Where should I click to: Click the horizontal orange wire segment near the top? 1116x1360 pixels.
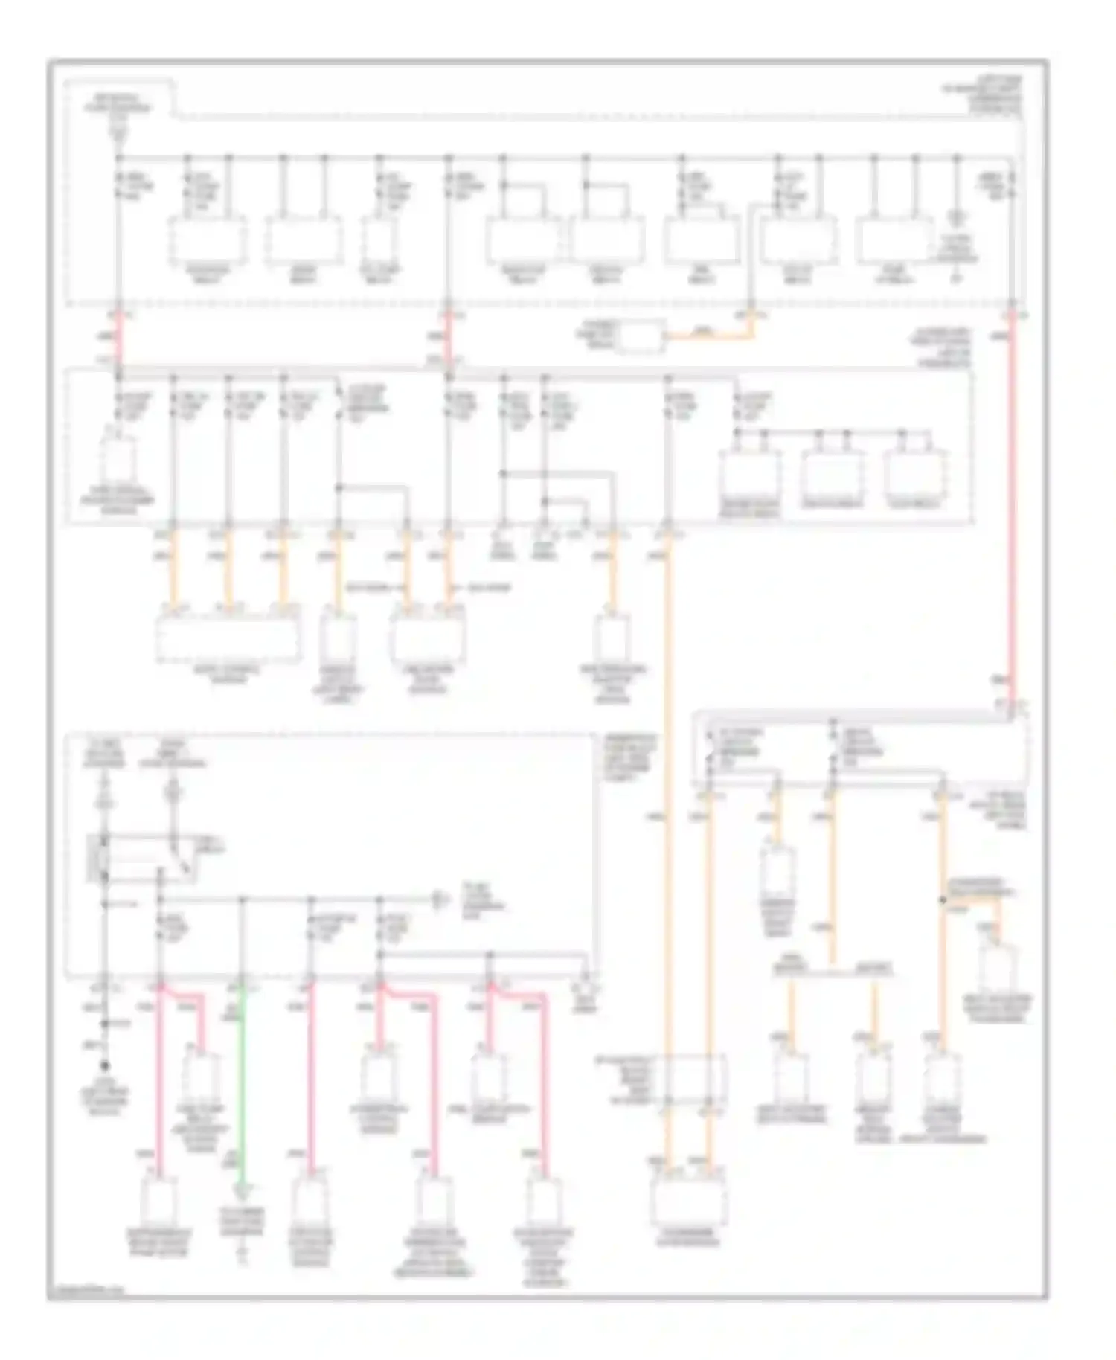coord(711,337)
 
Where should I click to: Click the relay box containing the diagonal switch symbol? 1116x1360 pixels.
coord(141,859)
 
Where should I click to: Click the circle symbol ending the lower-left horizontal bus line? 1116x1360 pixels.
coord(440,900)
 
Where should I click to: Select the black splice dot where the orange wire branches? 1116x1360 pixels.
coord(943,899)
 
